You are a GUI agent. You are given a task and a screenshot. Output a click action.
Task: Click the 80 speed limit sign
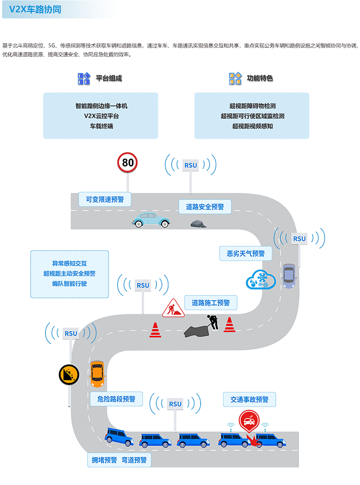(x=127, y=163)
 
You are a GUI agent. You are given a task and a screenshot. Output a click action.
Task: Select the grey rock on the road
(x=199, y=223)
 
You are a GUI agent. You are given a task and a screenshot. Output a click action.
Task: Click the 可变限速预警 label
(x=105, y=199)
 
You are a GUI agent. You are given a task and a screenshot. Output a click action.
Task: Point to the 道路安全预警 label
(x=205, y=207)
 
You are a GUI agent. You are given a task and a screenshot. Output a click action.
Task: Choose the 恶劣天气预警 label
(x=245, y=253)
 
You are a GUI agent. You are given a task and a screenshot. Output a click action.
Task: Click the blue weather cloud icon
(x=260, y=279)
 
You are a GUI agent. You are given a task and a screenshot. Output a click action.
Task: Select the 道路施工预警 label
(x=211, y=303)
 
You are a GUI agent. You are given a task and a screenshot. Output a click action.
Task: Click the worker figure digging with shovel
(x=212, y=321)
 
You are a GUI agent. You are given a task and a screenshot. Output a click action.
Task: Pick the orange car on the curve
(x=97, y=374)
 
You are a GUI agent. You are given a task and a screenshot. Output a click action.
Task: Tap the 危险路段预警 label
(x=116, y=399)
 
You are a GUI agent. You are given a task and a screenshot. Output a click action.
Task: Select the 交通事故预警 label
(x=249, y=399)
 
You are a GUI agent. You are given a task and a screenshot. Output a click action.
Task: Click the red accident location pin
(x=249, y=421)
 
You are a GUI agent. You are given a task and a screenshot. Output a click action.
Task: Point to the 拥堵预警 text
(x=102, y=460)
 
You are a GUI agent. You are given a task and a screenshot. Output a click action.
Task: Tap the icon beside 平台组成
(x=83, y=78)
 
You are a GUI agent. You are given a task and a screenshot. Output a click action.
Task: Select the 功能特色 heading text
(x=259, y=78)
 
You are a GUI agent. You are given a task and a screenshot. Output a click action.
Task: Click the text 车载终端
(x=101, y=125)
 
